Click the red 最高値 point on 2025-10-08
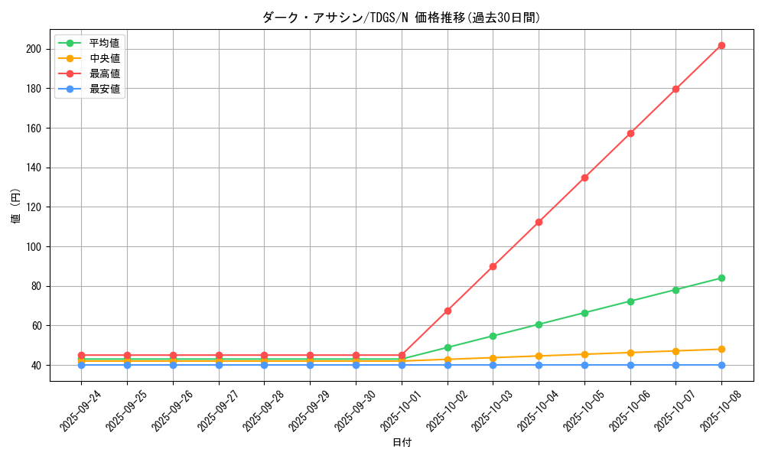(x=721, y=45)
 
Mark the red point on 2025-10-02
(x=448, y=311)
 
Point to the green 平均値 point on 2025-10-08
(x=721, y=278)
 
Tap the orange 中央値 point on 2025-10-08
(x=721, y=349)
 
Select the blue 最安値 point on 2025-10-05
(x=584, y=365)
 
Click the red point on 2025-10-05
(x=584, y=177)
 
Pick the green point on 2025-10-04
(x=539, y=324)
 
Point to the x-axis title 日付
(x=402, y=443)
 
